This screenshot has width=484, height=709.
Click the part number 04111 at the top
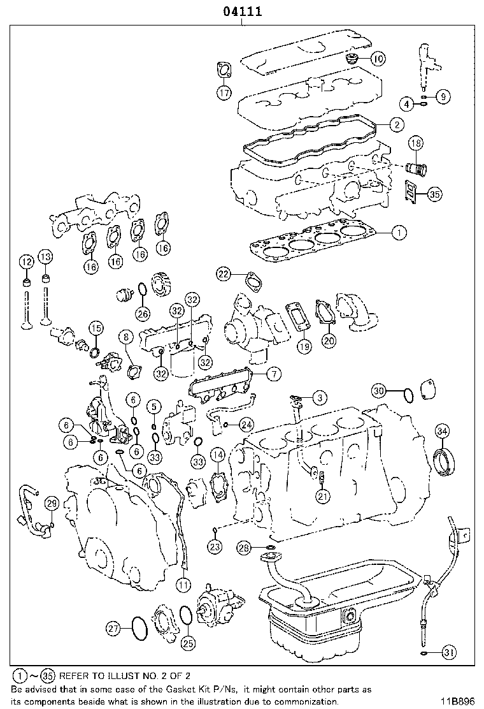point(242,11)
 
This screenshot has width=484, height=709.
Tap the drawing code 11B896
point(459,701)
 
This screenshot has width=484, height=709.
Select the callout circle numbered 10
point(378,59)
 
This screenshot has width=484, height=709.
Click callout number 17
point(224,93)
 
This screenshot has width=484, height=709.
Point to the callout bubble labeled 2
point(396,124)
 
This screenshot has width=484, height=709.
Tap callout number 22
point(223,274)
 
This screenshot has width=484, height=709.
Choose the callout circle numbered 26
point(143,313)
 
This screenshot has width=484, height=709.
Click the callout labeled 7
point(272,374)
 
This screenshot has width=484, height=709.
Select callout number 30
point(379,390)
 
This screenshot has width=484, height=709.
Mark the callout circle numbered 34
point(443,431)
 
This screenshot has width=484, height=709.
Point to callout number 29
point(51,504)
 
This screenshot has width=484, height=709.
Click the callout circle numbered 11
point(183,583)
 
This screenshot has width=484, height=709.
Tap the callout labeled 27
point(113,629)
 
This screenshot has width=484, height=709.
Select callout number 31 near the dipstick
point(449,652)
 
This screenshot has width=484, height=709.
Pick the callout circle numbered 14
point(218,455)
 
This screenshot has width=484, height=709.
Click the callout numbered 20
point(329,341)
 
